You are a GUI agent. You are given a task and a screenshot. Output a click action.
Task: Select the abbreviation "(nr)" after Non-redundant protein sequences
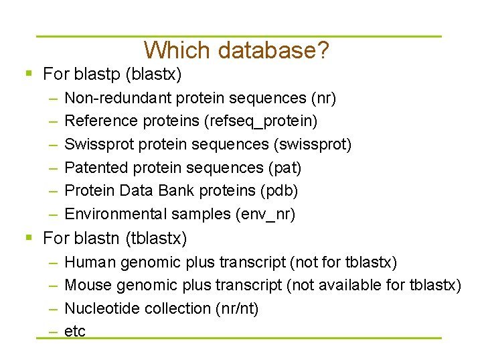(x=323, y=99)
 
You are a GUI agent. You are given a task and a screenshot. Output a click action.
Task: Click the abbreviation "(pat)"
(x=285, y=168)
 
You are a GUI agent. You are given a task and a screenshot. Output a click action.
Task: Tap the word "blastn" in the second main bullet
(x=92, y=238)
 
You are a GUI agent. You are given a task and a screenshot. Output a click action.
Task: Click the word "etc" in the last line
(x=75, y=331)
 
